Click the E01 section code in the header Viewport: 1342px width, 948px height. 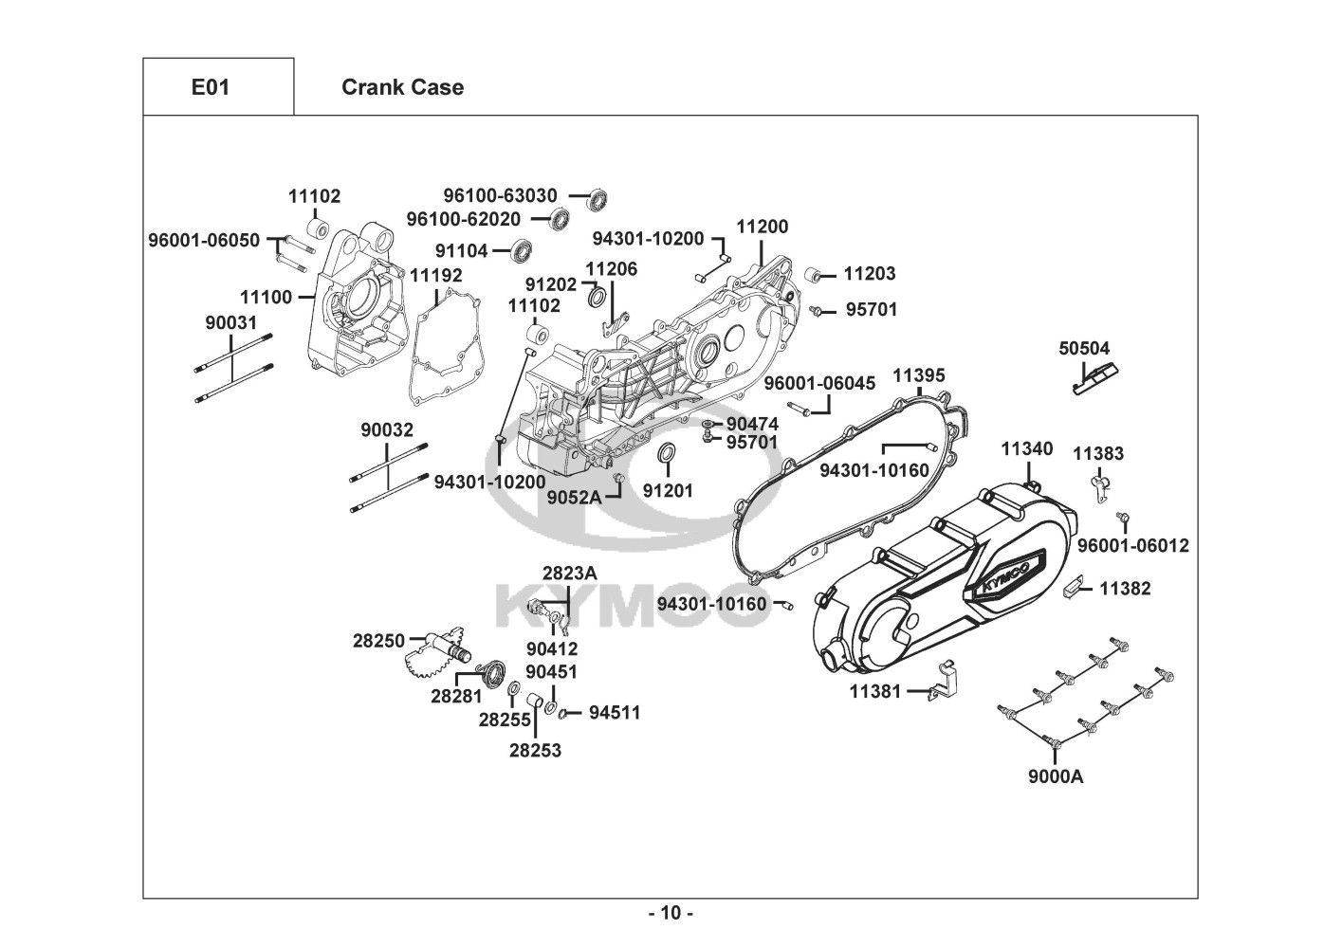(211, 87)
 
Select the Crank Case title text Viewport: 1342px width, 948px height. (402, 87)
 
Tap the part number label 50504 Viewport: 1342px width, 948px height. (1084, 349)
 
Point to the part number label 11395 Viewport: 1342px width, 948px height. (919, 376)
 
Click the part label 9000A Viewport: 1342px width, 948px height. (1056, 777)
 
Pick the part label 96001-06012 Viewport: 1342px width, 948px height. (1132, 546)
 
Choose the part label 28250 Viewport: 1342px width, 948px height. (379, 641)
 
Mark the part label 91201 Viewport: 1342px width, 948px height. (668, 491)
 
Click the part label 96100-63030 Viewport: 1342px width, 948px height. (501, 195)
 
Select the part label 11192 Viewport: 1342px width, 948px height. (436, 275)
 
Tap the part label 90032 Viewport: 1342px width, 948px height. (387, 429)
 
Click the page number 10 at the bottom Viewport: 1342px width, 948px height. (671, 914)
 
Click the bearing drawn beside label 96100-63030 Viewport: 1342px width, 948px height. (597, 199)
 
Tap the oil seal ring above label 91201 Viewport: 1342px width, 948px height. (667, 455)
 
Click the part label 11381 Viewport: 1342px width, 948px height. (875, 692)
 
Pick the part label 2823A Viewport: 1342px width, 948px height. (570, 573)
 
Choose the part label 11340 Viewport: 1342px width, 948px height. (1027, 448)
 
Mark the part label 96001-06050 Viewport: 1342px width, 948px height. (204, 240)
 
